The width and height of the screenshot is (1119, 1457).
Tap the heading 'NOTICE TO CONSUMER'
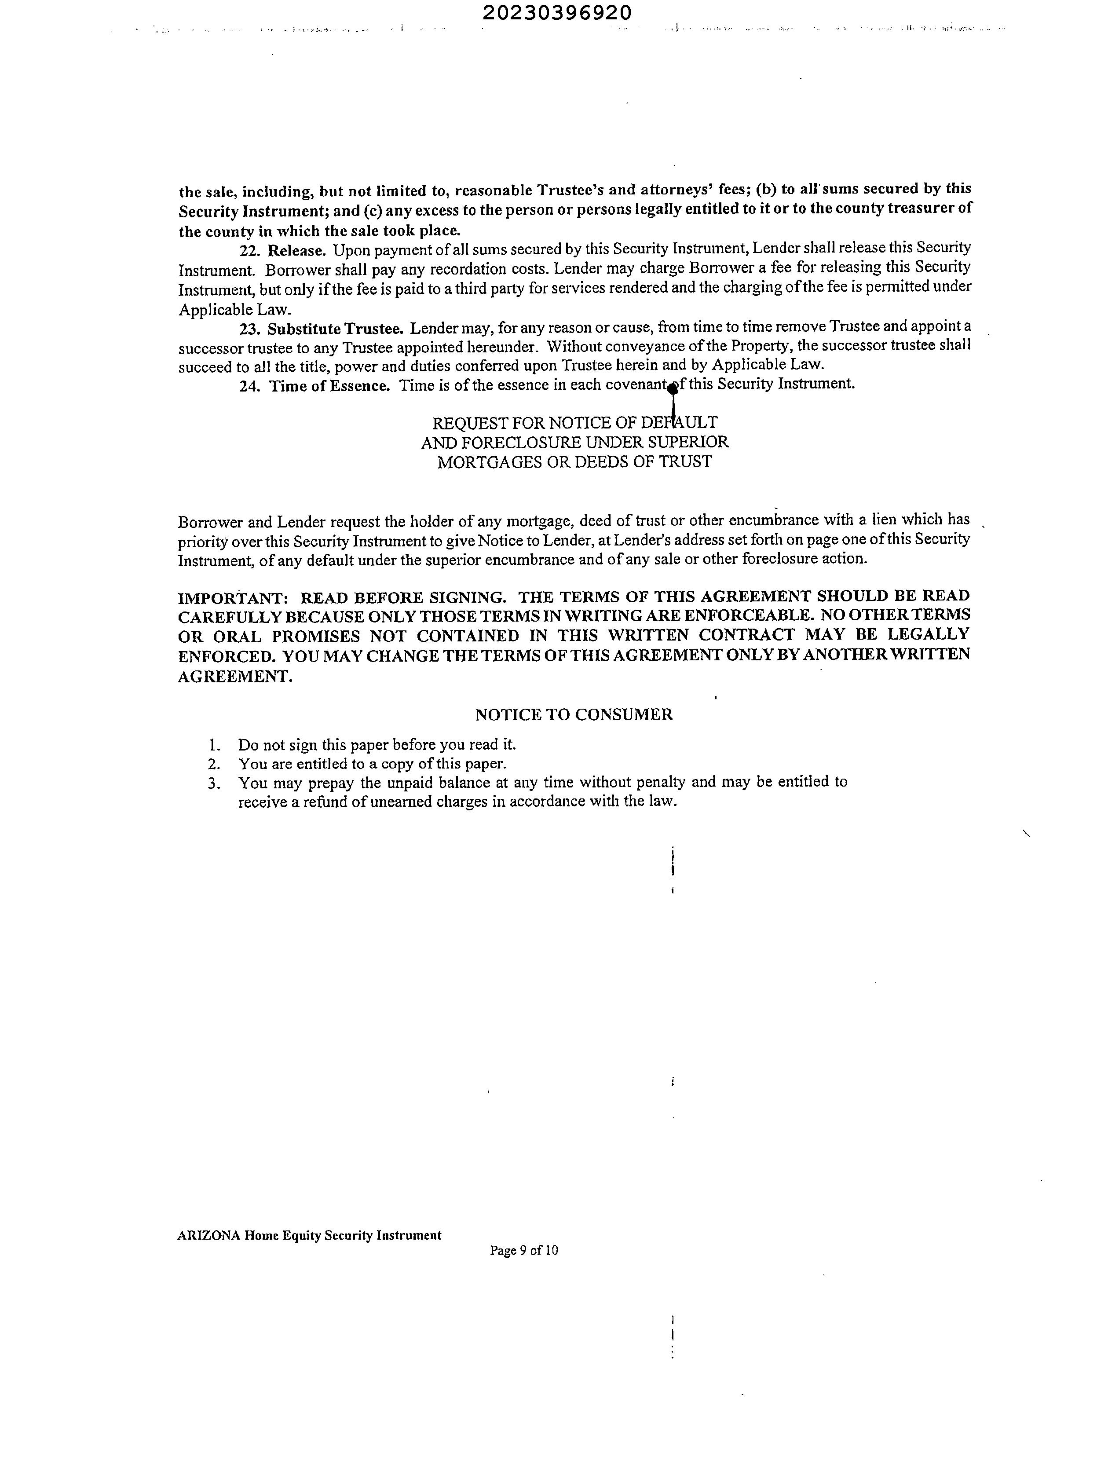(574, 715)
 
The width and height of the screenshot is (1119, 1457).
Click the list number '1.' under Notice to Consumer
(213, 745)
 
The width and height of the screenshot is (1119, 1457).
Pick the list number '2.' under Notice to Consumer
(213, 764)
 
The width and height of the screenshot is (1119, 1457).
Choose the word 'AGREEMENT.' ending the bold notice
(235, 677)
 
